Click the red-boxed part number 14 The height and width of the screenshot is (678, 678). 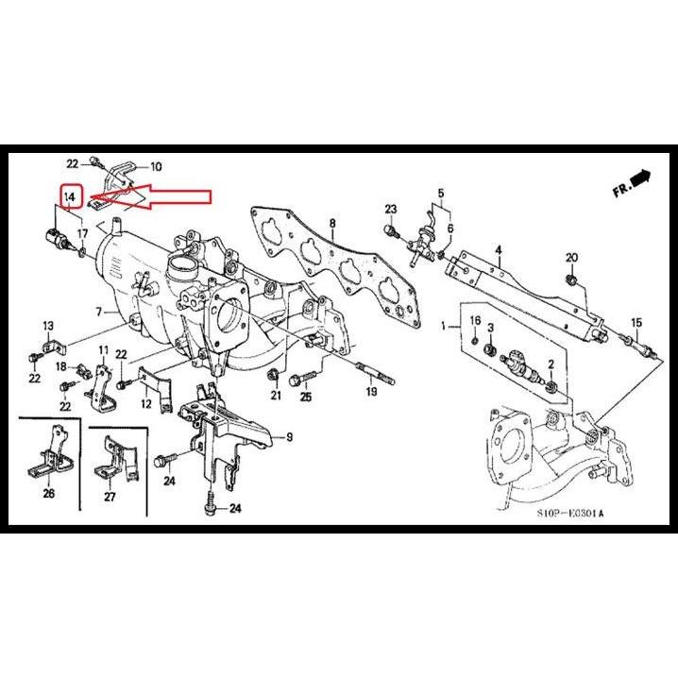70,196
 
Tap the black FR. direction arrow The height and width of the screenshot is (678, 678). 642,177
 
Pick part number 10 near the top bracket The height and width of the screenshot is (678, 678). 156,166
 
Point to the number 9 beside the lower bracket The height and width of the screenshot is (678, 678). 290,436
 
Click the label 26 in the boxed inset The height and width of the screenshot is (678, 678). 48,493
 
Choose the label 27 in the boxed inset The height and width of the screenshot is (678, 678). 109,496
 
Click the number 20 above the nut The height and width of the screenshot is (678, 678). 570,258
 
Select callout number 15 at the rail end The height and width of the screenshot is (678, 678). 636,323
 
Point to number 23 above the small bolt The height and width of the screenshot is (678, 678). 390,208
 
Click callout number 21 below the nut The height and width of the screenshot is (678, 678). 276,396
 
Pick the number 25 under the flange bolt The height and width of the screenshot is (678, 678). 306,398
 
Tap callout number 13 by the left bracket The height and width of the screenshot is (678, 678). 46,326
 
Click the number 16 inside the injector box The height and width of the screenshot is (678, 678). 475,321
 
